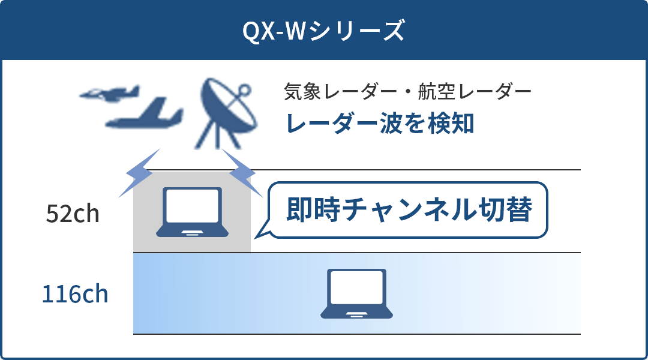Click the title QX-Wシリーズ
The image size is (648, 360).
point(323,31)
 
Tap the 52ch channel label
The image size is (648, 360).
point(73,214)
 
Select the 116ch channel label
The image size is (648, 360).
point(75,294)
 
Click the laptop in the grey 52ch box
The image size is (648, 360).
point(192,212)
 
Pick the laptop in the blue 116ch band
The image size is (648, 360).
point(356,294)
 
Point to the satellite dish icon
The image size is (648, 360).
point(226,113)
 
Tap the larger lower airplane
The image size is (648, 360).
point(144,113)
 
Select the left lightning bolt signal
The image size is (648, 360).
point(139,173)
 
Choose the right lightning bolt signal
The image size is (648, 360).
point(242,173)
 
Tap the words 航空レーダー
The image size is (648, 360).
point(475,91)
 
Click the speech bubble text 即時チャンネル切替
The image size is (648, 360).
point(409,209)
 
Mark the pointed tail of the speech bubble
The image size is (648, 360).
point(256,238)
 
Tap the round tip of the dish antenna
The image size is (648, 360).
point(244,90)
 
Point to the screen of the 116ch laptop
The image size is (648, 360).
point(356,287)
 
